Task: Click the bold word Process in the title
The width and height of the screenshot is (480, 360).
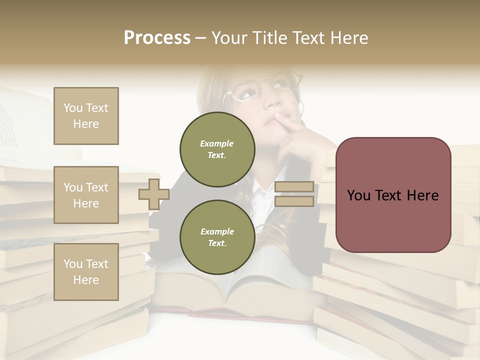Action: [157, 38]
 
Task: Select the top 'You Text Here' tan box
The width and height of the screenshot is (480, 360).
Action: [86, 116]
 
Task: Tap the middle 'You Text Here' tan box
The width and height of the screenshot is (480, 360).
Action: [86, 195]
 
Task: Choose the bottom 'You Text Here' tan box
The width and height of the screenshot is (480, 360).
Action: [86, 272]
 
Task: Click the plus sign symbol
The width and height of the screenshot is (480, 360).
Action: [154, 194]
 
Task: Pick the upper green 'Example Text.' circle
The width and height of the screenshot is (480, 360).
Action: [217, 149]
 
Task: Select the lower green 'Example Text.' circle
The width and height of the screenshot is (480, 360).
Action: [217, 237]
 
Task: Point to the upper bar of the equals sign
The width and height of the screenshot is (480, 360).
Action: [294, 187]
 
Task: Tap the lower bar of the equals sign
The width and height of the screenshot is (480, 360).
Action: [294, 201]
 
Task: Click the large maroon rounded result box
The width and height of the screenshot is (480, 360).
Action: [393, 195]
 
